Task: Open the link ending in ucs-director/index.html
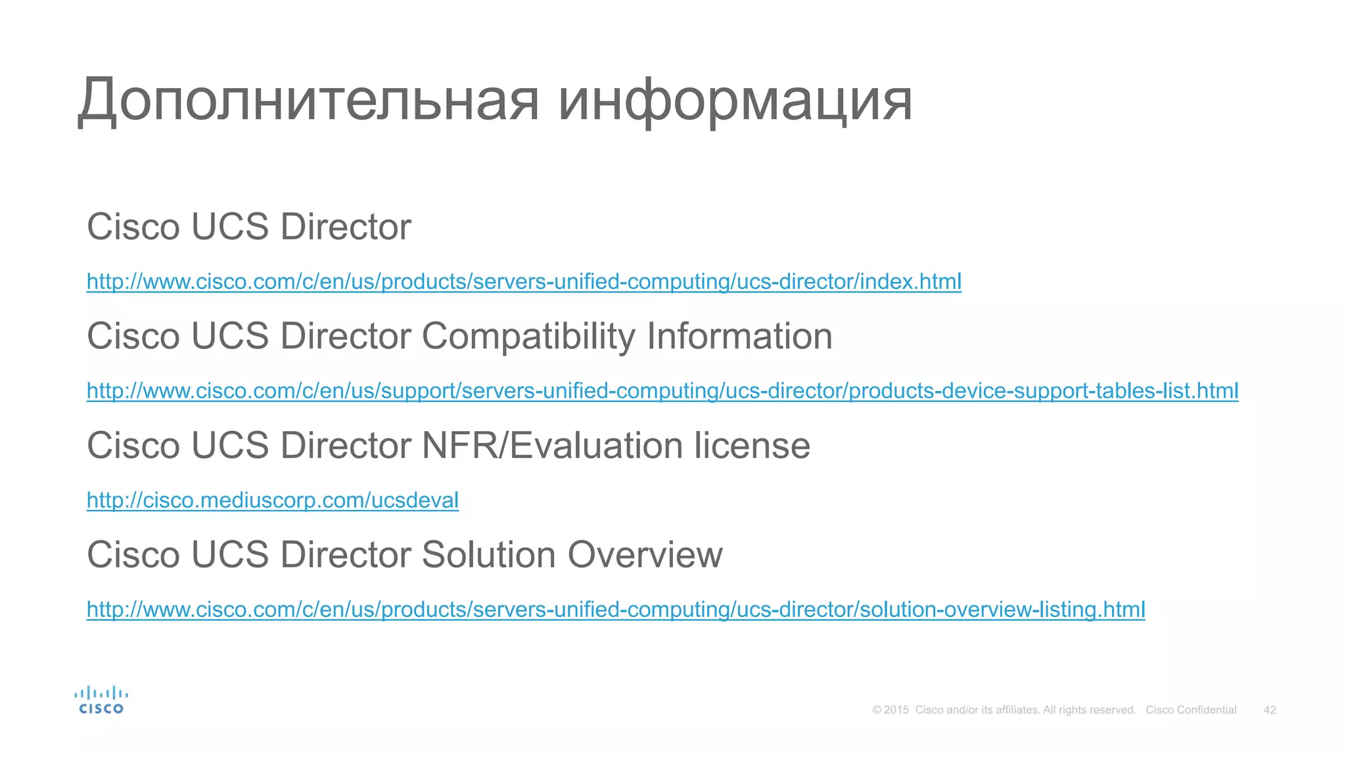[524, 282]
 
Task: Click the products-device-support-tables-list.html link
[662, 391]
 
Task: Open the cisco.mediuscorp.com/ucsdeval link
[273, 501]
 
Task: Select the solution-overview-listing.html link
[616, 610]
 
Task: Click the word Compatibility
[528, 337]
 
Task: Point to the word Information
[739, 336]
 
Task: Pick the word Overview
[645, 555]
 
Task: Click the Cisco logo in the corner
[101, 700]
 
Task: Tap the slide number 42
[1270, 710]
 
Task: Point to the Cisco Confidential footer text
[1191, 710]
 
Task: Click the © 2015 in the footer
[891, 710]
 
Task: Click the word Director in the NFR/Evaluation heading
[346, 446]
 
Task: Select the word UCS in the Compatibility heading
[230, 336]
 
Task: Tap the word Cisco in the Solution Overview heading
[133, 555]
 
